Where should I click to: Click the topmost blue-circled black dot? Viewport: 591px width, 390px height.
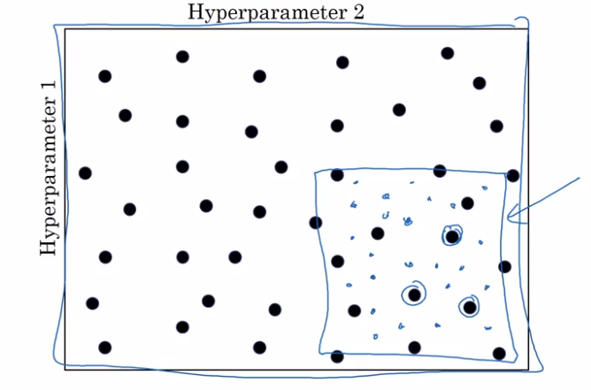tap(453, 236)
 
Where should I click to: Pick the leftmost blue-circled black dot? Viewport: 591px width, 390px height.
tap(413, 294)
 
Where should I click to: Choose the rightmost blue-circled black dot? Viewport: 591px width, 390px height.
tap(469, 307)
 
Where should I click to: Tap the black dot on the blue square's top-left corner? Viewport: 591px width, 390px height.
tap(337, 174)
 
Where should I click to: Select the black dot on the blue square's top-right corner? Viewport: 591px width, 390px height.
tap(513, 176)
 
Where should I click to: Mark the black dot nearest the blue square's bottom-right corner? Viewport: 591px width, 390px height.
tap(499, 353)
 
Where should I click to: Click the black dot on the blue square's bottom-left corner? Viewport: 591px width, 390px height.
tap(337, 356)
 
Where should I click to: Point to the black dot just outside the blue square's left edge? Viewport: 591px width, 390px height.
tap(316, 222)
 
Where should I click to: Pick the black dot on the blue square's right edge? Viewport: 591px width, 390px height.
tap(504, 266)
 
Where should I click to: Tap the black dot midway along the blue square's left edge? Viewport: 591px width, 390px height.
tap(337, 261)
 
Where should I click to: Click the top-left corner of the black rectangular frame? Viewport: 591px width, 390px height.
tap(65, 29)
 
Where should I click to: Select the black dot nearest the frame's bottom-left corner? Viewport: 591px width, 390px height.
tap(105, 348)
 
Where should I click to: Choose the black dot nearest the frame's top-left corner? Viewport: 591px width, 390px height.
tap(105, 76)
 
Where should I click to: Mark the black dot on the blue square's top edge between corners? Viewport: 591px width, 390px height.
tap(440, 171)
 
